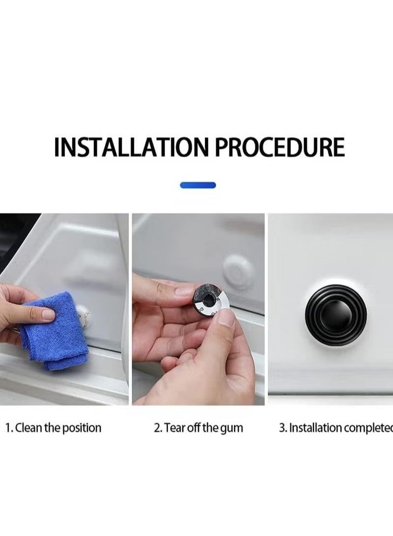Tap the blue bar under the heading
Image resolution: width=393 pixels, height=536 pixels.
click(198, 185)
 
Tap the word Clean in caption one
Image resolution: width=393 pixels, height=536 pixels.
click(29, 427)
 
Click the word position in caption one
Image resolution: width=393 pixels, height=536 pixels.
click(82, 427)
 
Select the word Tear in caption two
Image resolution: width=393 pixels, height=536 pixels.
click(174, 427)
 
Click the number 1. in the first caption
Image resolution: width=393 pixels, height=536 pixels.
click(9, 427)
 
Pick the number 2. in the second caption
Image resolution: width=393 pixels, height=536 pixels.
click(158, 427)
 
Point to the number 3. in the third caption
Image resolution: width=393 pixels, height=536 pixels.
click(283, 427)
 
